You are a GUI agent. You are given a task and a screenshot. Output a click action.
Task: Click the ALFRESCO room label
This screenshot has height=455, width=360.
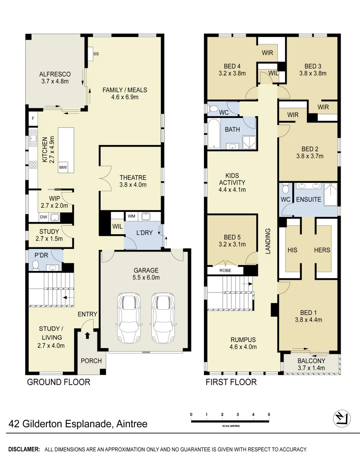55,74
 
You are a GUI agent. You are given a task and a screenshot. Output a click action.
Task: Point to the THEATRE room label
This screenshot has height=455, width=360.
133,178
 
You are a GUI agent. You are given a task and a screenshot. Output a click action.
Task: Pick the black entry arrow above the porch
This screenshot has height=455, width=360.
87,336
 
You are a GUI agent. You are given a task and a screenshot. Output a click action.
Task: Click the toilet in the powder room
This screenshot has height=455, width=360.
35,265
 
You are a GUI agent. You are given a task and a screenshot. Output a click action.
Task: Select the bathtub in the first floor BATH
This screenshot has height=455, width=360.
214,134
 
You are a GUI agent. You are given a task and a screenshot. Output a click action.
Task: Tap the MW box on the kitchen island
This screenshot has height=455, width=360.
63,168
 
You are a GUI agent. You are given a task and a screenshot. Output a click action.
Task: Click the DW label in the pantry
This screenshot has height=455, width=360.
43,217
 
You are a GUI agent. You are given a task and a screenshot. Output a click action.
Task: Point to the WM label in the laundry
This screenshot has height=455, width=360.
132,217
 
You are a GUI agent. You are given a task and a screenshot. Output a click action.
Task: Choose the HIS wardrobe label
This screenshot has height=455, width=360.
292,250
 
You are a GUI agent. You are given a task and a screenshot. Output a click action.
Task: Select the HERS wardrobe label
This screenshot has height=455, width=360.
322,250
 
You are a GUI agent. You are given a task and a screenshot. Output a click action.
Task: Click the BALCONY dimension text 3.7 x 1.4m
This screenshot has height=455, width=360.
311,368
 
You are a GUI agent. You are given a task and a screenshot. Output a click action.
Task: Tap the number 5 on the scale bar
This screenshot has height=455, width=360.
269,415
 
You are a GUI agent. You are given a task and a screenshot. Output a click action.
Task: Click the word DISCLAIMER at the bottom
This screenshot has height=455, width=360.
24,449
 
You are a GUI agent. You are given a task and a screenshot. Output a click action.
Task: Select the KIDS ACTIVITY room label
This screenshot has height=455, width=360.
231,182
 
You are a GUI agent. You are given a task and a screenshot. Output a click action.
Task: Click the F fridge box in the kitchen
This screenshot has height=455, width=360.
32,119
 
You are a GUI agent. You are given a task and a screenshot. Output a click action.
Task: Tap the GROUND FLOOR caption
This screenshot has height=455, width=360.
59,382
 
